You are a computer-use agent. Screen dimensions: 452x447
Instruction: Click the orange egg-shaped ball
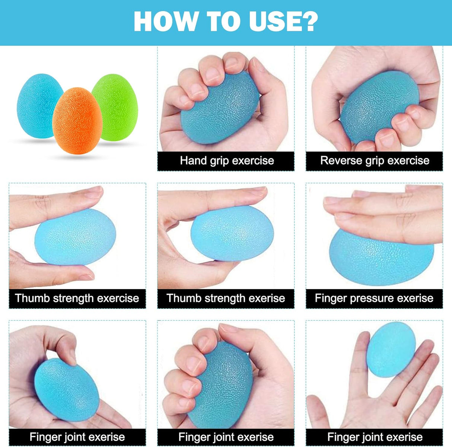click(x=77, y=121)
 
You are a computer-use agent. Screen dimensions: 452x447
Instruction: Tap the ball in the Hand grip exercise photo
click(x=219, y=108)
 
